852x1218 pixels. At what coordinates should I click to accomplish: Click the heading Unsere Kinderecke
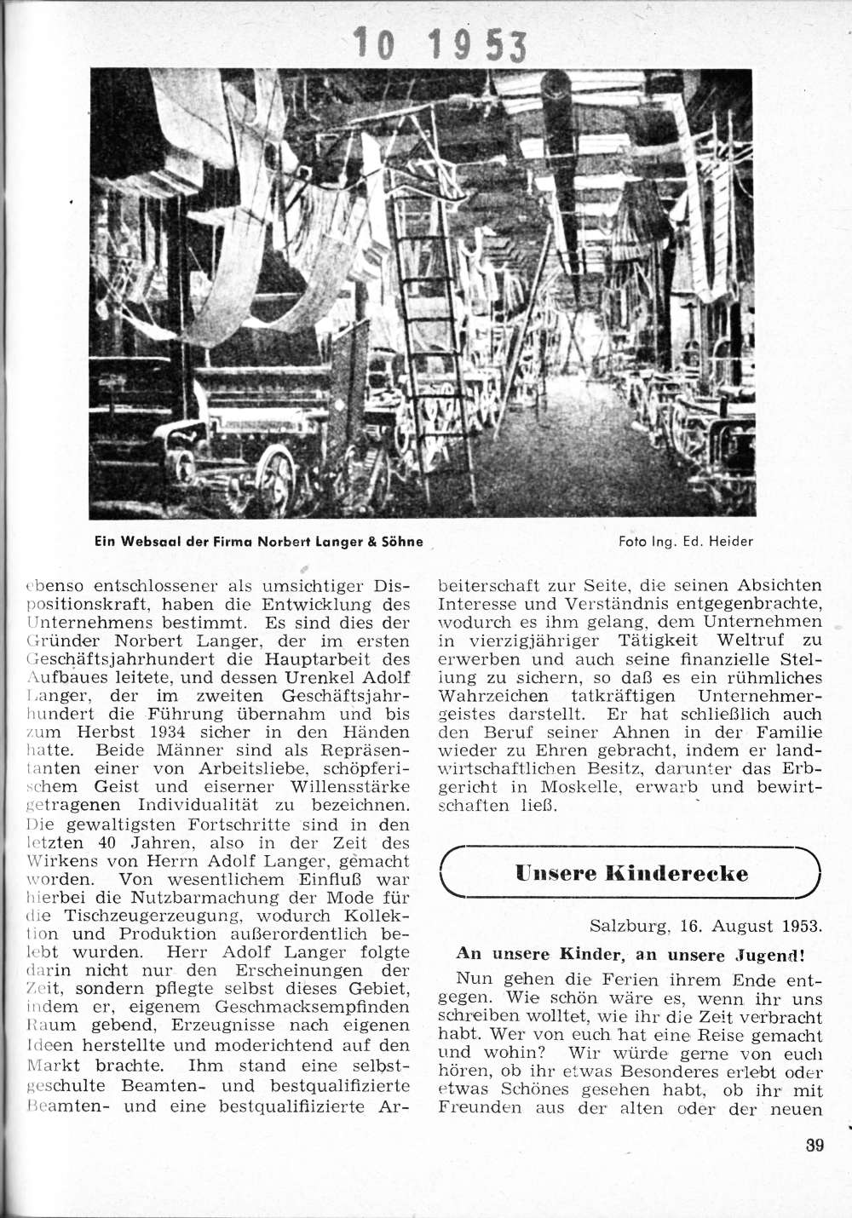click(631, 873)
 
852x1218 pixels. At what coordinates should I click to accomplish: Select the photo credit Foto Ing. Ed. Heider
click(686, 541)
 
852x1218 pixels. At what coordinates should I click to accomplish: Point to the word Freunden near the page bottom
click(478, 1109)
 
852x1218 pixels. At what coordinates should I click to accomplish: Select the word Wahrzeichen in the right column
click(488, 695)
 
